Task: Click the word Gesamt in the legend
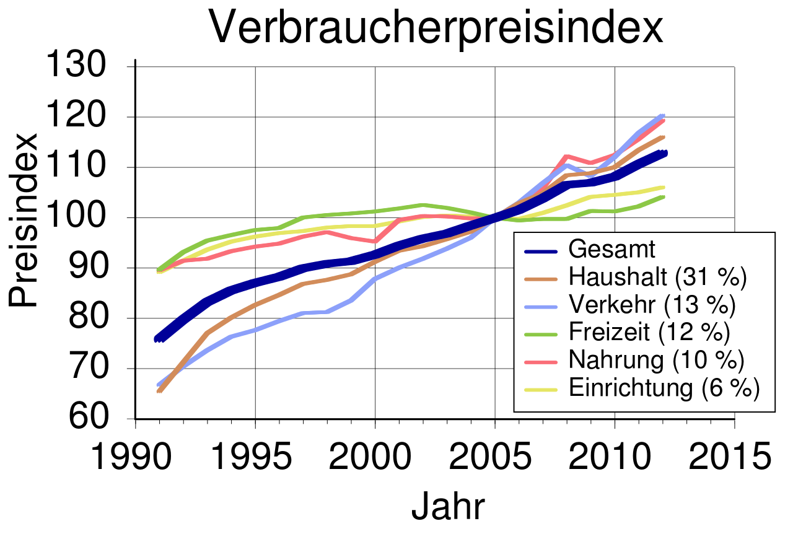click(x=611, y=250)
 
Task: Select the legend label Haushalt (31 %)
click(x=657, y=278)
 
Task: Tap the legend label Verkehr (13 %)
click(x=652, y=305)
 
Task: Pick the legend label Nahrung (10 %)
click(x=656, y=361)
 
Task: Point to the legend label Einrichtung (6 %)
click(x=664, y=388)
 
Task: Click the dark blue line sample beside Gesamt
click(x=541, y=251)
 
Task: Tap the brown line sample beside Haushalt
click(x=541, y=279)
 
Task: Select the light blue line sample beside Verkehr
click(x=541, y=307)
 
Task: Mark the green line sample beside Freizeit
click(x=541, y=335)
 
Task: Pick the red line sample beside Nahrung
click(x=541, y=362)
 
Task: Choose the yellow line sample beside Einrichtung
click(x=541, y=390)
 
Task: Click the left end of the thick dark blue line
click(x=157, y=339)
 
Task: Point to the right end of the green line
click(x=664, y=197)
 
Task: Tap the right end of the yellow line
click(x=664, y=187)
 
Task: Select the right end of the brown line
click(x=664, y=137)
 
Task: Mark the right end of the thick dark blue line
click(x=664, y=153)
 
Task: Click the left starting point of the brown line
click(x=159, y=391)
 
